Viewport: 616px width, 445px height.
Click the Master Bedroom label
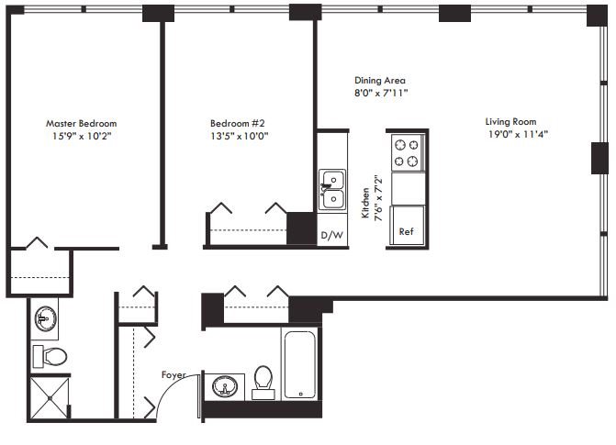click(x=82, y=123)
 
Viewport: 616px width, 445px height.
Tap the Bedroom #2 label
click(x=238, y=123)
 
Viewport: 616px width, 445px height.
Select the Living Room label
click(x=511, y=122)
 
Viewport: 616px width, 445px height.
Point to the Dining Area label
click(x=380, y=81)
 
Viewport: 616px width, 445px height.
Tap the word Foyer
click(x=174, y=374)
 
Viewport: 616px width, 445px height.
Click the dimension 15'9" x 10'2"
click(x=82, y=136)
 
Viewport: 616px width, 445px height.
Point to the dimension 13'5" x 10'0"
click(x=238, y=136)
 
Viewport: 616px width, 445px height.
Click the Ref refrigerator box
click(x=407, y=226)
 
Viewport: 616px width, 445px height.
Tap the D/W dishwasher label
click(x=330, y=235)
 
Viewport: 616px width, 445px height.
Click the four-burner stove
click(x=407, y=152)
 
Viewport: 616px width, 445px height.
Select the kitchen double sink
click(x=331, y=189)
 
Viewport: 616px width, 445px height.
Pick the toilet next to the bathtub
click(x=264, y=382)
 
